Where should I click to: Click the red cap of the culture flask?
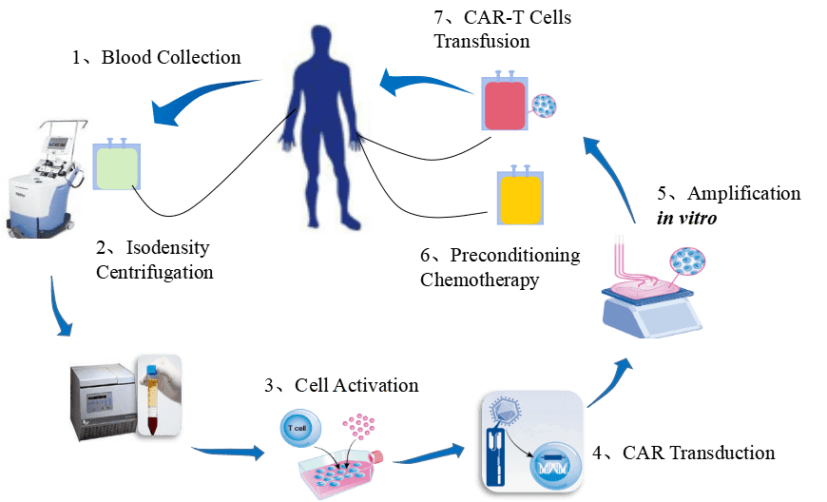click(376, 457)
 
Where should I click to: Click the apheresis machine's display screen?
click(57, 143)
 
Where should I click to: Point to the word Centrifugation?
click(155, 272)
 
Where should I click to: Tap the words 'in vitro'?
click(686, 218)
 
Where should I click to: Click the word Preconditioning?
click(515, 255)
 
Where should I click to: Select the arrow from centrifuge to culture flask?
click(228, 452)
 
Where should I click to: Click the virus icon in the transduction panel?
click(506, 410)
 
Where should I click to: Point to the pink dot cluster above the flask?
click(358, 426)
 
